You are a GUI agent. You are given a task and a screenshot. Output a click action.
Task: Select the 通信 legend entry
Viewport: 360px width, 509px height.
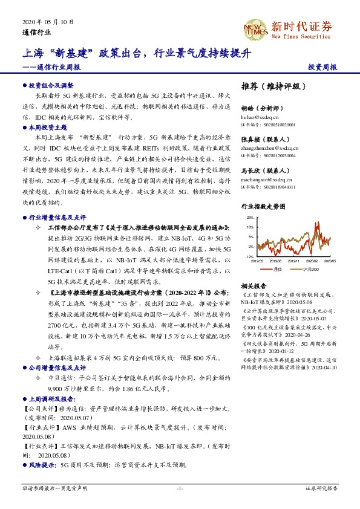click(x=278, y=268)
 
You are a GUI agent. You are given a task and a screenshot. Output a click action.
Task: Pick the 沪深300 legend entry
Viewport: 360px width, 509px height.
click(x=310, y=268)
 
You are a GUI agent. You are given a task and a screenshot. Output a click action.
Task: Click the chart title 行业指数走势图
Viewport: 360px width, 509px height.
click(x=263, y=206)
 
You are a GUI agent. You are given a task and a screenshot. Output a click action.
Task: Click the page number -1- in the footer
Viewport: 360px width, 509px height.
click(x=180, y=487)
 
